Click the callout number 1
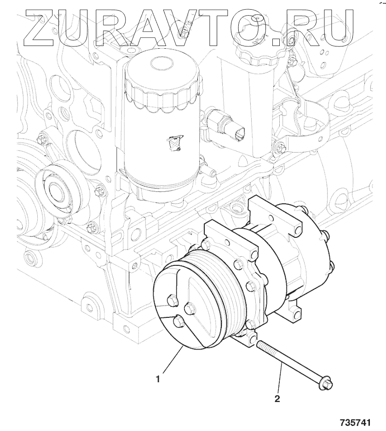click(157, 379)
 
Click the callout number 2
click(277, 398)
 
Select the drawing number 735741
click(356, 422)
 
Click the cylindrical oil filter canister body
click(163, 129)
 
